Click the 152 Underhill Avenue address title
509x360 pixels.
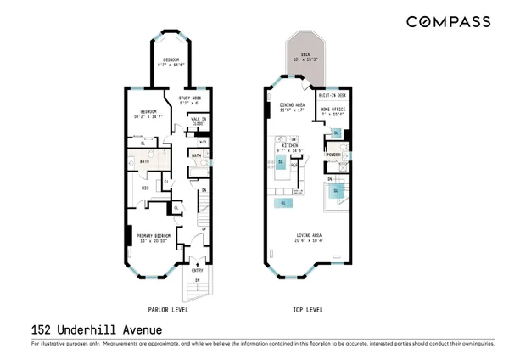coord(85,329)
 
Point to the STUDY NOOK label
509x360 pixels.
coord(189,101)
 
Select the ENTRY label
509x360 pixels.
coord(196,270)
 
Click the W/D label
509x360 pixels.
coord(203,143)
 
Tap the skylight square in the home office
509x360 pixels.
coord(336,133)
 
